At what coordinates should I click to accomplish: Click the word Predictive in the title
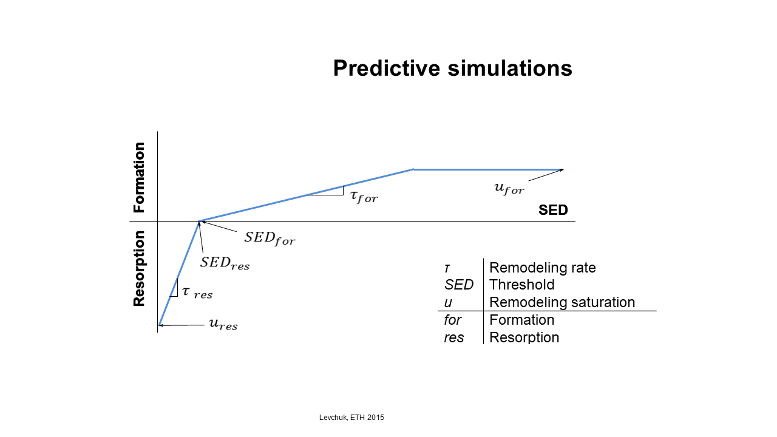[x=387, y=69]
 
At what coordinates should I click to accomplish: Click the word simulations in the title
[x=510, y=68]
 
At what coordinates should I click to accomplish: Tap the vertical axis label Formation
[x=139, y=177]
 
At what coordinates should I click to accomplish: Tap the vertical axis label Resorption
[x=139, y=268]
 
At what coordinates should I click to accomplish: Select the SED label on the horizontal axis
[x=553, y=210]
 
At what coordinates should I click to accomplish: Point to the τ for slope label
[x=364, y=196]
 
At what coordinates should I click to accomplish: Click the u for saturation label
[x=509, y=188]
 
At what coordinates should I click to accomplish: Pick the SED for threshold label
[x=270, y=239]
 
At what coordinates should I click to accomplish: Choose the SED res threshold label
[x=225, y=263]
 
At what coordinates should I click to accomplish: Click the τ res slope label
[x=197, y=293]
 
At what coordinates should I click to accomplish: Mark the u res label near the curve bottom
[x=223, y=324]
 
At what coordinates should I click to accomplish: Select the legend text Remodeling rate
[x=543, y=268]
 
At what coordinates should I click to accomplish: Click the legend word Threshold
[x=521, y=285]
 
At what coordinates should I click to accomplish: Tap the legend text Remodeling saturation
[x=562, y=302]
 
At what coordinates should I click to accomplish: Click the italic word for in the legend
[x=452, y=320]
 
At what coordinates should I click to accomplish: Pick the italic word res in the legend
[x=453, y=338]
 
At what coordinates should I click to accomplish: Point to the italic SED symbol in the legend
[x=458, y=285]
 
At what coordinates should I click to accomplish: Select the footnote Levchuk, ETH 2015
[x=351, y=418]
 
